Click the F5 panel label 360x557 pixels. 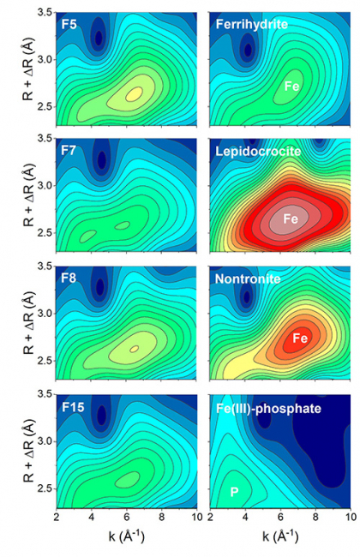click(69, 25)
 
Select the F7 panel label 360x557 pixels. click(69, 150)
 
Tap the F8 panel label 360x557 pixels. click(69, 278)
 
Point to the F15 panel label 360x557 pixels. click(73, 407)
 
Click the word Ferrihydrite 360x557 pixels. click(252, 24)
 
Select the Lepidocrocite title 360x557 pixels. click(258, 152)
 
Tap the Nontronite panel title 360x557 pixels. click(248, 278)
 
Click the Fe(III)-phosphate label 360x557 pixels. click(268, 409)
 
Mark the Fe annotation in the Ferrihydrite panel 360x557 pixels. click(291, 87)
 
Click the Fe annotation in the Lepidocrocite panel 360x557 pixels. click(291, 219)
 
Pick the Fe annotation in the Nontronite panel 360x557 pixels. click(300, 338)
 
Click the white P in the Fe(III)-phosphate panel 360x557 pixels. click(234, 492)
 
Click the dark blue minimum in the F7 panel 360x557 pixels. click(102, 159)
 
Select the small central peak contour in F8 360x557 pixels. click(135, 349)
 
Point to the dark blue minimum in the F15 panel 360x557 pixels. click(102, 415)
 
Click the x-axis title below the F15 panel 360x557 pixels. click(126, 536)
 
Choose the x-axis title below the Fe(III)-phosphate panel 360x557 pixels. click(280, 536)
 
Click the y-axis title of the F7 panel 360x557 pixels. click(28, 195)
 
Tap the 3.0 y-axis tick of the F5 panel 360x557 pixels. click(45, 60)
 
